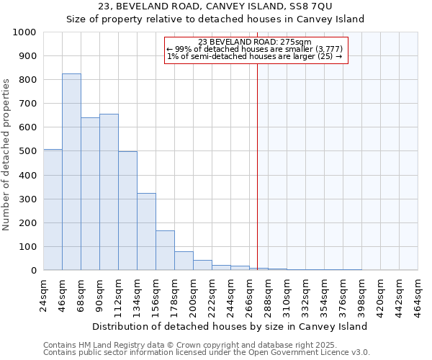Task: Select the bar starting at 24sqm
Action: pyautogui.click(x=53, y=210)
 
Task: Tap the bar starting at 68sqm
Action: pyautogui.click(x=90, y=194)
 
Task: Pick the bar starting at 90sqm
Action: pyautogui.click(x=109, y=192)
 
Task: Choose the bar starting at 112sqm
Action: pyautogui.click(x=127, y=211)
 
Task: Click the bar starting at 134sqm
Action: pyautogui.click(x=146, y=232)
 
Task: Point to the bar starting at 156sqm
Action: pyautogui.click(x=165, y=251)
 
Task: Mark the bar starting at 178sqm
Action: pyautogui.click(x=184, y=261)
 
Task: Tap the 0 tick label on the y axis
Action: pyautogui.click(x=34, y=271)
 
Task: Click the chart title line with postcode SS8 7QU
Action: pyautogui.click(x=215, y=7)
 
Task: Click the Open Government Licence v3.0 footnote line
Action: pyautogui.click(x=206, y=353)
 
